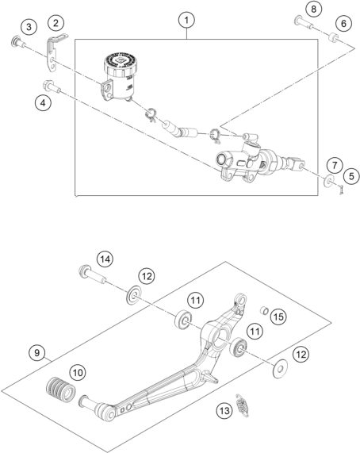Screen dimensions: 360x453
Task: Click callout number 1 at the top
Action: click(x=186, y=20)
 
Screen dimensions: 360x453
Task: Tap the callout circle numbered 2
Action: click(x=56, y=22)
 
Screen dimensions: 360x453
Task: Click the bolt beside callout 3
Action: click(x=18, y=43)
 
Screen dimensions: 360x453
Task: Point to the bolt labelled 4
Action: click(x=52, y=86)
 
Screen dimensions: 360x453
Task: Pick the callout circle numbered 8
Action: click(x=313, y=10)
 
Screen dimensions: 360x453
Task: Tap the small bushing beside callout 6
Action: click(x=334, y=37)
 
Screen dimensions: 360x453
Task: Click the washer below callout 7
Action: click(x=329, y=181)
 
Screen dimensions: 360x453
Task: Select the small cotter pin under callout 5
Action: click(x=342, y=190)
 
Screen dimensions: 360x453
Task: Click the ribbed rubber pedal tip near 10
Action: click(x=61, y=390)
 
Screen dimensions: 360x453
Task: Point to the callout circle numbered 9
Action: click(x=37, y=353)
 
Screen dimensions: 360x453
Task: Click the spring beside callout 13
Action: click(x=242, y=405)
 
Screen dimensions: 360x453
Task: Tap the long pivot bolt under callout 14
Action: click(x=92, y=274)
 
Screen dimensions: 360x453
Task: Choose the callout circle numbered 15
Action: click(x=278, y=317)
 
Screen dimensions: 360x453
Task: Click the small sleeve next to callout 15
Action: click(x=264, y=311)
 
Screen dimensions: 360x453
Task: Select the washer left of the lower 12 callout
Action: click(x=280, y=369)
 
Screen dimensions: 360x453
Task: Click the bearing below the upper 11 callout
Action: click(x=183, y=319)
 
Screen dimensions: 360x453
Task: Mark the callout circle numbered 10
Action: click(x=78, y=372)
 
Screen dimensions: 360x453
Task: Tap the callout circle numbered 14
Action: click(x=105, y=259)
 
